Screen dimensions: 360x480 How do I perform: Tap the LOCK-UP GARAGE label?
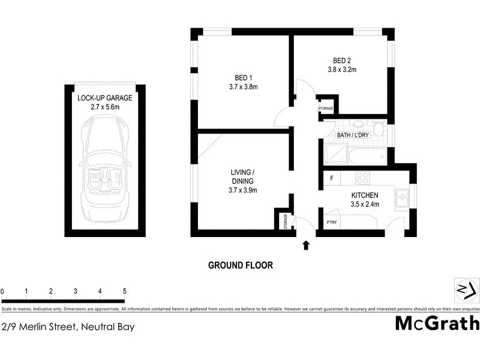tap(104, 97)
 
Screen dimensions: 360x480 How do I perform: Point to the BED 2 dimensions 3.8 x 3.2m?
tap(344, 70)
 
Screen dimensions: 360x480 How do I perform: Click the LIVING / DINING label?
tap(243, 177)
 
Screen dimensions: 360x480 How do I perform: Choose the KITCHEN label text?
tap(364, 196)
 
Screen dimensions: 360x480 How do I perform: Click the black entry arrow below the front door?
tap(306, 244)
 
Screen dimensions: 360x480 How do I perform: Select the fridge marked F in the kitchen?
tap(332, 178)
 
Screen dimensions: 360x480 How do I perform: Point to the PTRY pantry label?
tap(331, 223)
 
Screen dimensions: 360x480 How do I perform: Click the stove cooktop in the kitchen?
tap(362, 178)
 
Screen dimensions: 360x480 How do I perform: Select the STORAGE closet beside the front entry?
tap(286, 221)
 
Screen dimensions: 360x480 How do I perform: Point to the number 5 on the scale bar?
tap(124, 291)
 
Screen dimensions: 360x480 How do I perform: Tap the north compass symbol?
tap(465, 290)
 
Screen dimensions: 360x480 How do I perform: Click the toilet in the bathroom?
tap(378, 128)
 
